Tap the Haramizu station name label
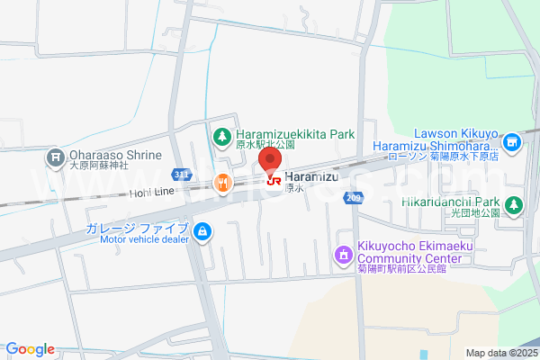pyautogui.click(x=310, y=177)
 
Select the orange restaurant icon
pyautogui.click(x=222, y=184)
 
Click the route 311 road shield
pyautogui.click(x=182, y=173)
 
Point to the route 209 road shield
pyautogui.click(x=353, y=198)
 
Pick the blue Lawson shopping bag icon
pyautogui.click(x=512, y=141)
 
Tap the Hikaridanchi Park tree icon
pyautogui.click(x=513, y=204)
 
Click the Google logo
pyautogui.click(x=30, y=349)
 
